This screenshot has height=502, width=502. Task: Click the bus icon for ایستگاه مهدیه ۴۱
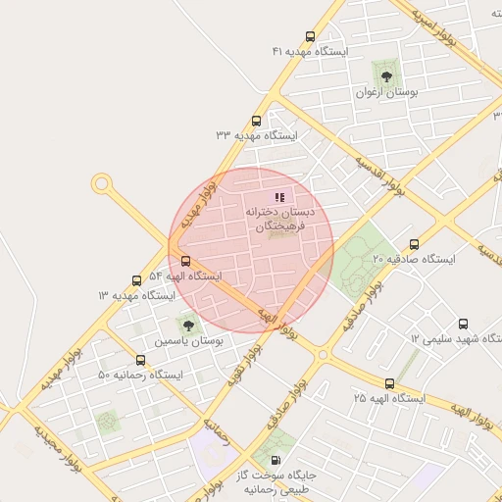pos(311,37)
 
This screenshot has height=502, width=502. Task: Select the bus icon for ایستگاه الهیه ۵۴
pos(185,261)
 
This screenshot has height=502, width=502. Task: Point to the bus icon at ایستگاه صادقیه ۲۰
pos(414,245)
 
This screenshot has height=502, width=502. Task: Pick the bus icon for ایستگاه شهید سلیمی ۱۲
pos(463,324)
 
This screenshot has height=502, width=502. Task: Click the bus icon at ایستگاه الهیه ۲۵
pos(390,384)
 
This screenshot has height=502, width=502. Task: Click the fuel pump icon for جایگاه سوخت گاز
pos(274,460)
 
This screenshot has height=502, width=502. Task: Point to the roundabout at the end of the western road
pos(101,183)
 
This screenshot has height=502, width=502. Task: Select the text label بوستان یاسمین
pos(188,342)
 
